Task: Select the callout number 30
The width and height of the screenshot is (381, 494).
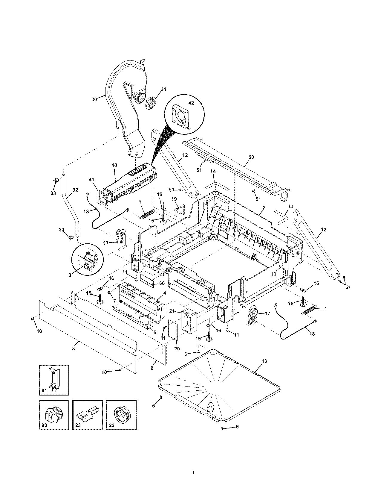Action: click(x=94, y=99)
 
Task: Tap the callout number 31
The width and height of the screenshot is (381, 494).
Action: click(x=163, y=89)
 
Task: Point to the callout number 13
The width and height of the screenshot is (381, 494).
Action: click(x=264, y=361)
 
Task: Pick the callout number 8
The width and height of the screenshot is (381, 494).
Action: click(x=73, y=348)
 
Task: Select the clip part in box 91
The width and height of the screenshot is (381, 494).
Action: click(x=54, y=378)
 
